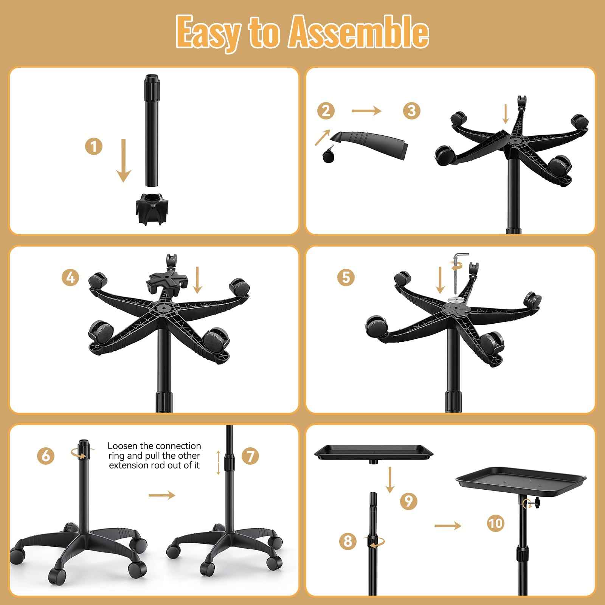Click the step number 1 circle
(94, 146)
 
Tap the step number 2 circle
(326, 111)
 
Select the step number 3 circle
(412, 111)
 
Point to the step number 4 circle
(70, 278)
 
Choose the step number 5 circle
(346, 278)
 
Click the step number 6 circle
(46, 456)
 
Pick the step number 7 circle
(250, 456)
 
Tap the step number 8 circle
(348, 541)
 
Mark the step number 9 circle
(408, 501)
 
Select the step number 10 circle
(496, 523)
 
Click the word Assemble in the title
(359, 33)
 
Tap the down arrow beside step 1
(123, 160)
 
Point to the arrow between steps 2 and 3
(366, 111)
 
